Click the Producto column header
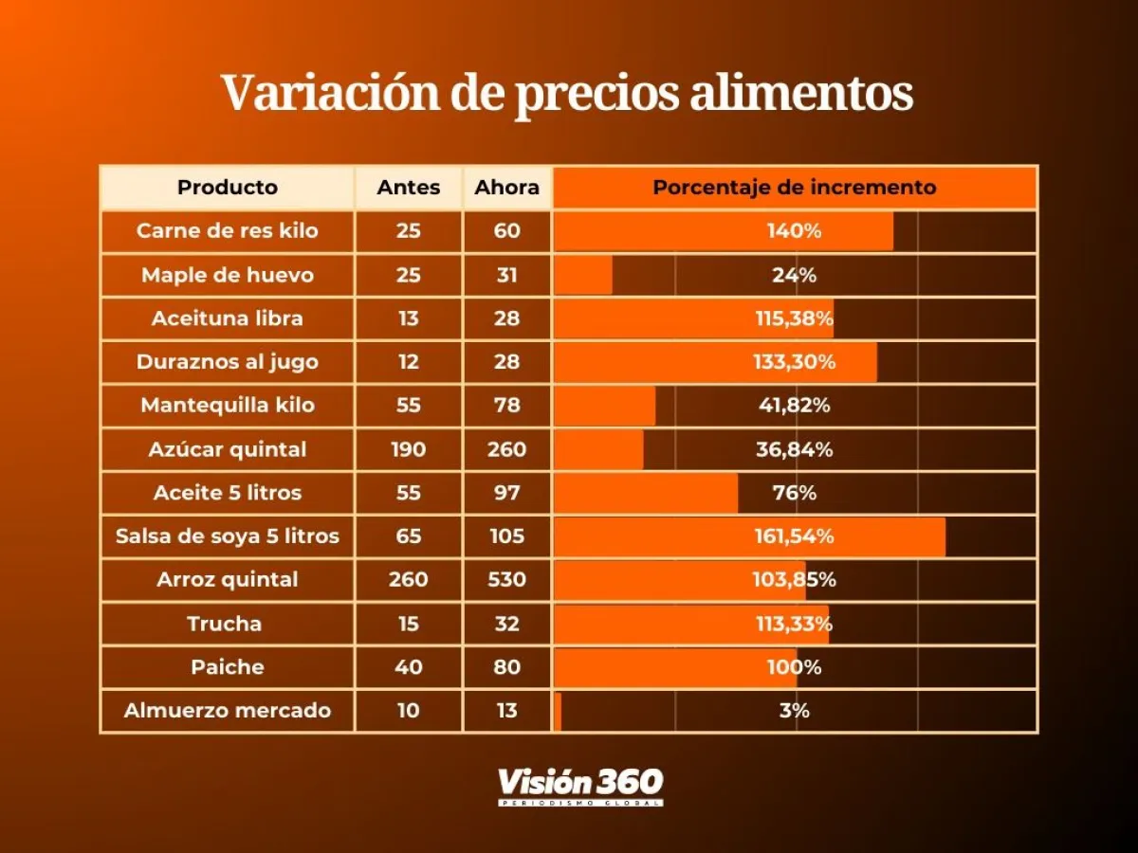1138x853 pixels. (228, 188)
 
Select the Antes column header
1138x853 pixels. (409, 188)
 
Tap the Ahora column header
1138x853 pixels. (507, 188)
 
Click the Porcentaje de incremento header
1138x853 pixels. (795, 188)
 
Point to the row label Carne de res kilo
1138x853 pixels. (228, 231)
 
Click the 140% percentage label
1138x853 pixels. (795, 231)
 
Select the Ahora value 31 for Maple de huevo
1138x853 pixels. (507, 275)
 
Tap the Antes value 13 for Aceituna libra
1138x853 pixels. (409, 318)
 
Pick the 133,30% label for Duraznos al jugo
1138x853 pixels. (795, 362)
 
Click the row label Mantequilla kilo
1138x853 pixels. (228, 406)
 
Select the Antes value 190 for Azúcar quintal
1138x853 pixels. (409, 449)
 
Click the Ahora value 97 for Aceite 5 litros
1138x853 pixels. (507, 493)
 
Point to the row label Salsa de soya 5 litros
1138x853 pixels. (228, 536)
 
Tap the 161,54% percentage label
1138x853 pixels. (795, 536)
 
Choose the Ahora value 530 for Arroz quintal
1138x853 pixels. (507, 579)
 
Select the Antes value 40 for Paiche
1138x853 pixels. (409, 667)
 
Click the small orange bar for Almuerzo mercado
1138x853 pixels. (558, 711)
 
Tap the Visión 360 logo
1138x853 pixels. (580, 786)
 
